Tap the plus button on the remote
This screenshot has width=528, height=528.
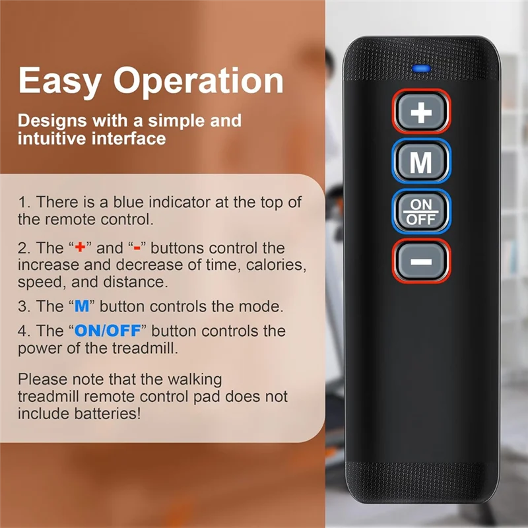[421, 112]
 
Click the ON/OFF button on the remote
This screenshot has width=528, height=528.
[421, 211]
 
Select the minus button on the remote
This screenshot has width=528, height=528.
[421, 261]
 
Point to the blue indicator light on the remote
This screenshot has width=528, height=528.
[421, 69]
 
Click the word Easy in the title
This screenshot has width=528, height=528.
[60, 81]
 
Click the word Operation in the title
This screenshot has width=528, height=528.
[199, 81]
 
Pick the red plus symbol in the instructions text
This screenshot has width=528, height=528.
[80, 247]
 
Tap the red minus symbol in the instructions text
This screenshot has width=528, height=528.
[137, 249]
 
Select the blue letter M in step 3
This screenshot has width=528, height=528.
[82, 306]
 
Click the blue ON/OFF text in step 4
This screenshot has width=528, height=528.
[108, 331]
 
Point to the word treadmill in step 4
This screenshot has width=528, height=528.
[144, 348]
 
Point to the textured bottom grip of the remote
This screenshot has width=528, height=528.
[422, 481]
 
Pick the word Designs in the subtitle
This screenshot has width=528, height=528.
[52, 121]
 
